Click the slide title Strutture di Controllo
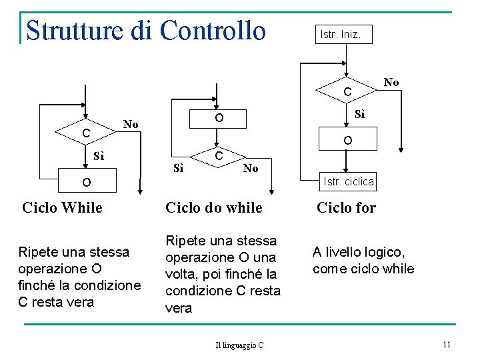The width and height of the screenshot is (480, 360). tap(145, 30)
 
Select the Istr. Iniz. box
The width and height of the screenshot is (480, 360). tap(340, 34)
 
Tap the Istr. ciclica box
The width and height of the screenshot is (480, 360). tap(348, 181)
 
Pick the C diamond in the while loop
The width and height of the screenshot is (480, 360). tap(86, 133)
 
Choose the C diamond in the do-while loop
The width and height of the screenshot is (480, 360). tap(217, 155)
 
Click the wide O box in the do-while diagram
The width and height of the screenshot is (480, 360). tap(219, 118)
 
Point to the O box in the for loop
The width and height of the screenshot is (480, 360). tap(348, 141)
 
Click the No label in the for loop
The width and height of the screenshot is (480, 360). tap(391, 82)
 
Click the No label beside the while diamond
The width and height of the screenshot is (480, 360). tap(131, 124)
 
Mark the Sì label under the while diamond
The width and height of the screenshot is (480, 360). tap(99, 157)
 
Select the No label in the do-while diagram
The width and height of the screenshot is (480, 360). tap(251, 168)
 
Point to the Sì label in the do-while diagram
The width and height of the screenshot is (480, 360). tap(178, 168)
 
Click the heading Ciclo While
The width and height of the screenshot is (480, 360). tap(62, 207)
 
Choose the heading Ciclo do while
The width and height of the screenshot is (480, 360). tap(213, 207)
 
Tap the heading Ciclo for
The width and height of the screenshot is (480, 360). tap(346, 207)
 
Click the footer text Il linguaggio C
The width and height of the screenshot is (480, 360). tap(239, 345)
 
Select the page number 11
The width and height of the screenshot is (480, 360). tap(447, 344)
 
